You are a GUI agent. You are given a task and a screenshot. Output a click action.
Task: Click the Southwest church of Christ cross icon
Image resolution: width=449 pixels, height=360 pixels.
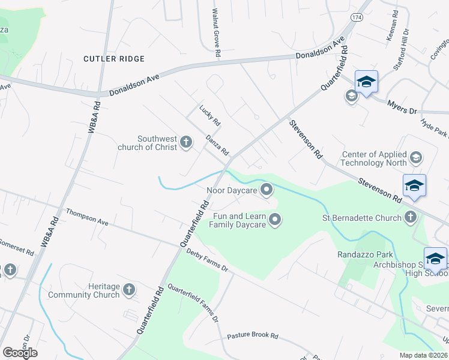click(186, 142)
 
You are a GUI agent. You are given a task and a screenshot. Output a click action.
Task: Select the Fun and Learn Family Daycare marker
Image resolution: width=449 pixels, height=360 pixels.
click(276, 220)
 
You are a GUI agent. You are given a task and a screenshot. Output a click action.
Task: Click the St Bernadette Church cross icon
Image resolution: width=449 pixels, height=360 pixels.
click(411, 217)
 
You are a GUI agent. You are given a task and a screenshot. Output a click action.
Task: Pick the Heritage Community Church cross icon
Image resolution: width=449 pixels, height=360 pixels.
click(128, 290)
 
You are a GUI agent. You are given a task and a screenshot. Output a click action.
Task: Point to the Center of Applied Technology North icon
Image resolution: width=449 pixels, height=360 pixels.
click(415, 158)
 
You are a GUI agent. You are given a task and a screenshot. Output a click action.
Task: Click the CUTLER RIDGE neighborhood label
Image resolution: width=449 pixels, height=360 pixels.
click(114, 59)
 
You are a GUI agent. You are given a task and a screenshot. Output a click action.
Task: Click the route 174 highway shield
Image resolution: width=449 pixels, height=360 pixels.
click(357, 18)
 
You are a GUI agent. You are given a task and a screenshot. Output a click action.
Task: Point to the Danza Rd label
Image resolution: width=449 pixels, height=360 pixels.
click(217, 145)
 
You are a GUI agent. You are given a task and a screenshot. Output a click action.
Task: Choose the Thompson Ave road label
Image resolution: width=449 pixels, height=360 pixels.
click(87, 217)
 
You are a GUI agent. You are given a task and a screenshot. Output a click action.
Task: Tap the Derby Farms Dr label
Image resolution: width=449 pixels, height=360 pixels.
click(207, 260)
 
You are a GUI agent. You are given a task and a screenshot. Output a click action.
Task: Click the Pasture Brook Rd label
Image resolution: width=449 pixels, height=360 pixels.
click(253, 336)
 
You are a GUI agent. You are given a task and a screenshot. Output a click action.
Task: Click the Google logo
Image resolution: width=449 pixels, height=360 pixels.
click(20, 353)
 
